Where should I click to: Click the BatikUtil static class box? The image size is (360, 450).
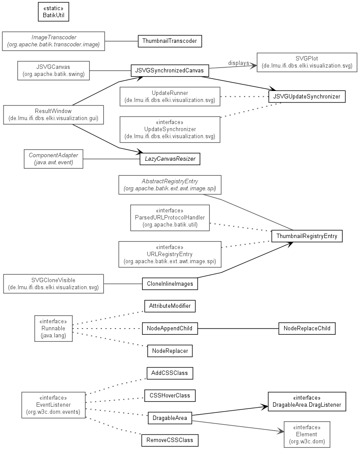coord(53,12)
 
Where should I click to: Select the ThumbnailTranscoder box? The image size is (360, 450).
coord(170,41)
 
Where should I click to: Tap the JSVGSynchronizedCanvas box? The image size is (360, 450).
coord(170,71)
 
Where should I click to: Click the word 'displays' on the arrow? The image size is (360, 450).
coord(239,63)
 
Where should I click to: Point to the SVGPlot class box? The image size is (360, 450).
coord(307,62)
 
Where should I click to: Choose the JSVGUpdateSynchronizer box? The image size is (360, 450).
coord(307,96)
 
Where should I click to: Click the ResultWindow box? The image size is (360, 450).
coord(53,115)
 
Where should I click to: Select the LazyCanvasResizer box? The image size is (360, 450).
coord(170,159)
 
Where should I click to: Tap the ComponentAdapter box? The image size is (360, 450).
coord(53,159)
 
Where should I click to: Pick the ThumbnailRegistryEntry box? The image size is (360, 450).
coord(307,236)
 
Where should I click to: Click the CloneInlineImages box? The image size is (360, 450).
coord(170,284)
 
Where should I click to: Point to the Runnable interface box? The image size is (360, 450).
coord(53,329)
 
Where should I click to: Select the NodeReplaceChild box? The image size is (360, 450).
coord(307,328)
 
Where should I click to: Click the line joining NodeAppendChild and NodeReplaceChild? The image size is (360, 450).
coord(238,328)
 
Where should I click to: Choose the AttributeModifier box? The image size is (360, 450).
coord(170,306)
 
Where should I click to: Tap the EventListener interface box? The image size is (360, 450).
coord(53,405)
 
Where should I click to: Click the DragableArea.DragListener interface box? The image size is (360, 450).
coord(307,401)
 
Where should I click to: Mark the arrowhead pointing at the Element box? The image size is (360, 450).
coord(281,431)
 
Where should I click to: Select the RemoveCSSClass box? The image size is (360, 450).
coord(170,440)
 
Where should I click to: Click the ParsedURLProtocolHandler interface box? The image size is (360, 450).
coord(170,218)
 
